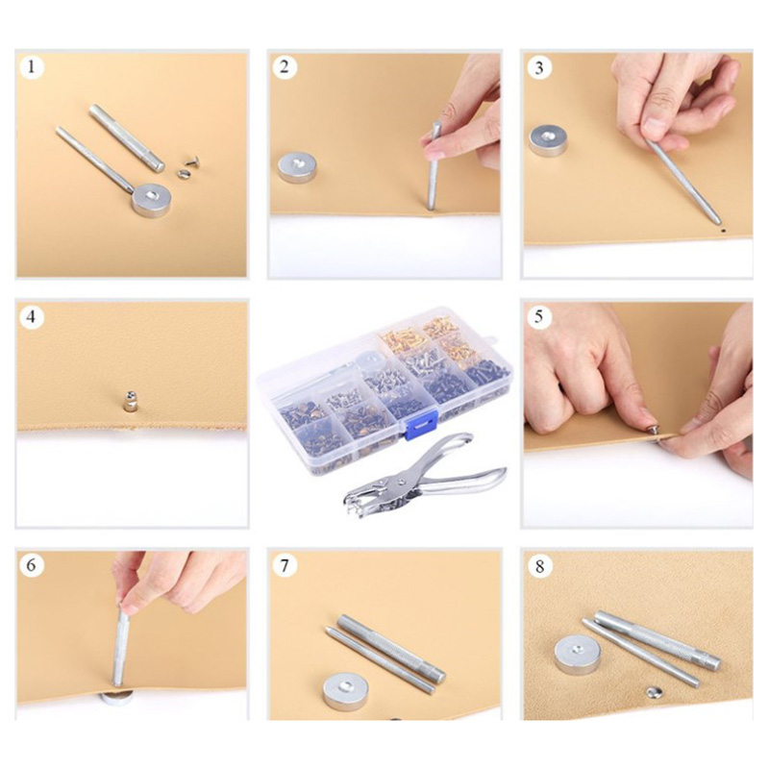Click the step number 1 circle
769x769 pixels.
click(x=32, y=66)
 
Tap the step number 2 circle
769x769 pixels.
click(x=285, y=66)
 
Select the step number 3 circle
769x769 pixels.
click(x=539, y=67)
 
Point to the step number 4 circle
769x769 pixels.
click(x=32, y=317)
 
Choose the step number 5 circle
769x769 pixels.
click(x=539, y=317)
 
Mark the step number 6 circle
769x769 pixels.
click(x=32, y=565)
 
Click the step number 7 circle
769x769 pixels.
click(x=285, y=566)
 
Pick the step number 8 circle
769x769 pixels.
click(x=539, y=566)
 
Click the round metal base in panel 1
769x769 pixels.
click(x=151, y=200)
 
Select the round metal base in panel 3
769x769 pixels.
click(x=548, y=140)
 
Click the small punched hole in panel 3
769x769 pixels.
click(x=723, y=229)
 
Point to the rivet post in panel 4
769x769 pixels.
click(x=130, y=401)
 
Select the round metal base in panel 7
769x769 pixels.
click(x=344, y=691)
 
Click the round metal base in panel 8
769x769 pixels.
click(x=578, y=655)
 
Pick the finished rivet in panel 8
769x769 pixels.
click(x=654, y=692)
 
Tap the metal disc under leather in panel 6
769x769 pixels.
click(x=116, y=698)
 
